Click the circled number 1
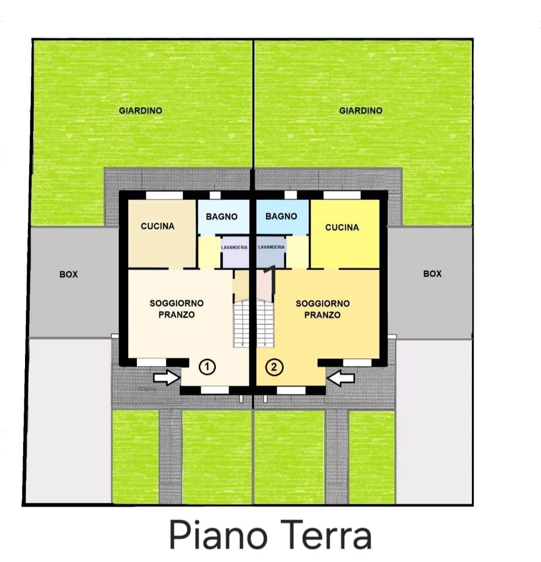click(207, 367)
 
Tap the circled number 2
click(275, 367)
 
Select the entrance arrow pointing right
click(166, 378)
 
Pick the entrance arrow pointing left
click(341, 378)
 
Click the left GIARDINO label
click(140, 110)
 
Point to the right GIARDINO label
click(361, 110)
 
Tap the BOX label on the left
click(69, 274)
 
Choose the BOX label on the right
click(432, 273)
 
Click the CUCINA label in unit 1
click(157, 226)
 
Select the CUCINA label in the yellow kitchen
click(342, 227)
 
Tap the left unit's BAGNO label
click(221, 217)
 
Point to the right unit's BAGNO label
click(281, 216)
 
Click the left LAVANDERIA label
click(234, 247)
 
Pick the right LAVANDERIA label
click(272, 247)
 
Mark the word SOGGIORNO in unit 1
click(176, 303)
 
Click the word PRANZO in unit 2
click(322, 315)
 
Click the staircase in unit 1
click(241, 324)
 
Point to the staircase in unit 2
click(265, 324)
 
